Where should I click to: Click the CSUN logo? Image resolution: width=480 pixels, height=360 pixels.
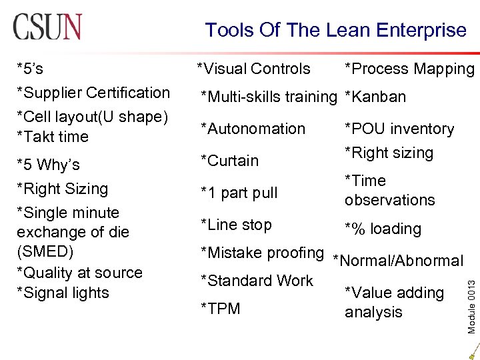tap(47, 26)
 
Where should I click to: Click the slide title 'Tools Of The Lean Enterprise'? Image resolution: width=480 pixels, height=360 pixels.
tap(335, 30)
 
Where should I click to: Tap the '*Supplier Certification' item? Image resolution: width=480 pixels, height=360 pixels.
tap(93, 93)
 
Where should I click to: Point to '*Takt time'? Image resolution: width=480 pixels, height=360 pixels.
tap(53, 137)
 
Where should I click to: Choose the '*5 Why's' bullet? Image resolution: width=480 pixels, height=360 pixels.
tap(48, 165)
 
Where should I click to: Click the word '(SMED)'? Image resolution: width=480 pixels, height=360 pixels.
tap(45, 252)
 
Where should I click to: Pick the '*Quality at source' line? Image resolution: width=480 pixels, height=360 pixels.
tap(79, 273)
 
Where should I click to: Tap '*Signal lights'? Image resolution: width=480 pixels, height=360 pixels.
tap(63, 293)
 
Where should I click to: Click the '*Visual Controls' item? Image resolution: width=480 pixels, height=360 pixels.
tap(253, 69)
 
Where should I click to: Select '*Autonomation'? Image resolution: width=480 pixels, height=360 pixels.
tap(253, 129)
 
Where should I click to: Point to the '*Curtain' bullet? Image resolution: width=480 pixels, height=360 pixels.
tap(230, 161)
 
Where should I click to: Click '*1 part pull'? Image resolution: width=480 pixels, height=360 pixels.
tap(239, 193)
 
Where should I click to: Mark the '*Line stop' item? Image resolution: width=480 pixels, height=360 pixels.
tap(237, 225)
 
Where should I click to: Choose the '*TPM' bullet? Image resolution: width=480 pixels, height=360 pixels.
tap(221, 309)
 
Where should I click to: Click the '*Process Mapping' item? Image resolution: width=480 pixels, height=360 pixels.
tap(409, 69)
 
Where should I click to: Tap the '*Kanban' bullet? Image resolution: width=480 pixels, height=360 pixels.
tap(375, 97)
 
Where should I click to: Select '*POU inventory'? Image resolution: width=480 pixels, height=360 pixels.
tap(399, 129)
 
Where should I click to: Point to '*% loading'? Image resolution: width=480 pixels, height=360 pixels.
tap(383, 229)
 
